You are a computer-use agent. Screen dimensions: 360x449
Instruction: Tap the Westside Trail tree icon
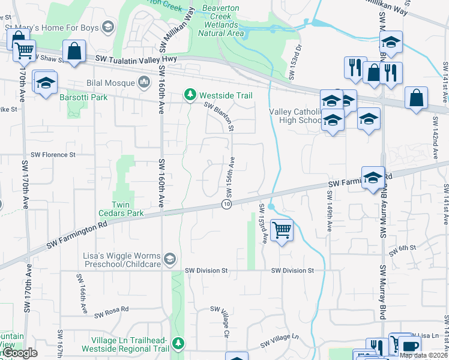(x=190, y=95)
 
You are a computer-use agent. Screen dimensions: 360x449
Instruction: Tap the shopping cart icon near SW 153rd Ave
(x=282, y=229)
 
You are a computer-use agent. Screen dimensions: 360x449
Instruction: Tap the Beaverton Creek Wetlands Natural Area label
(x=219, y=20)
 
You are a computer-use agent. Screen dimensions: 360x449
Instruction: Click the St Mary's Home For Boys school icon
(x=108, y=26)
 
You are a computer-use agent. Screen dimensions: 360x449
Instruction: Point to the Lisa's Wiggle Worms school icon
(x=170, y=259)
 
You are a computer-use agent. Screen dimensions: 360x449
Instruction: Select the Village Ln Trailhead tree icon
(x=178, y=343)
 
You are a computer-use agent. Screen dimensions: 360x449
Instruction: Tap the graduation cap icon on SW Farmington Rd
(x=373, y=177)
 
